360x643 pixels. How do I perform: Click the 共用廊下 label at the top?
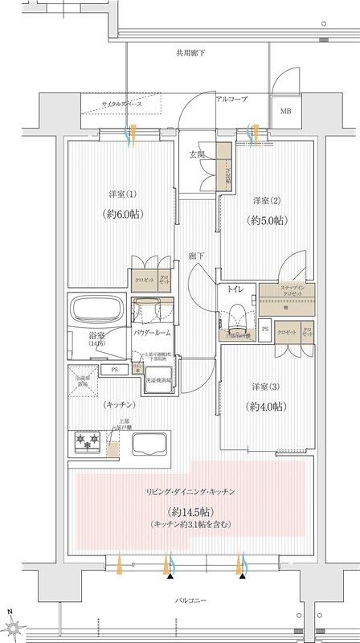point(190,53)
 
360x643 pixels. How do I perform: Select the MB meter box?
point(286,111)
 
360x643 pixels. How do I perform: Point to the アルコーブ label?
point(231,98)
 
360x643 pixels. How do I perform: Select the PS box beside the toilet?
point(265,328)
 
